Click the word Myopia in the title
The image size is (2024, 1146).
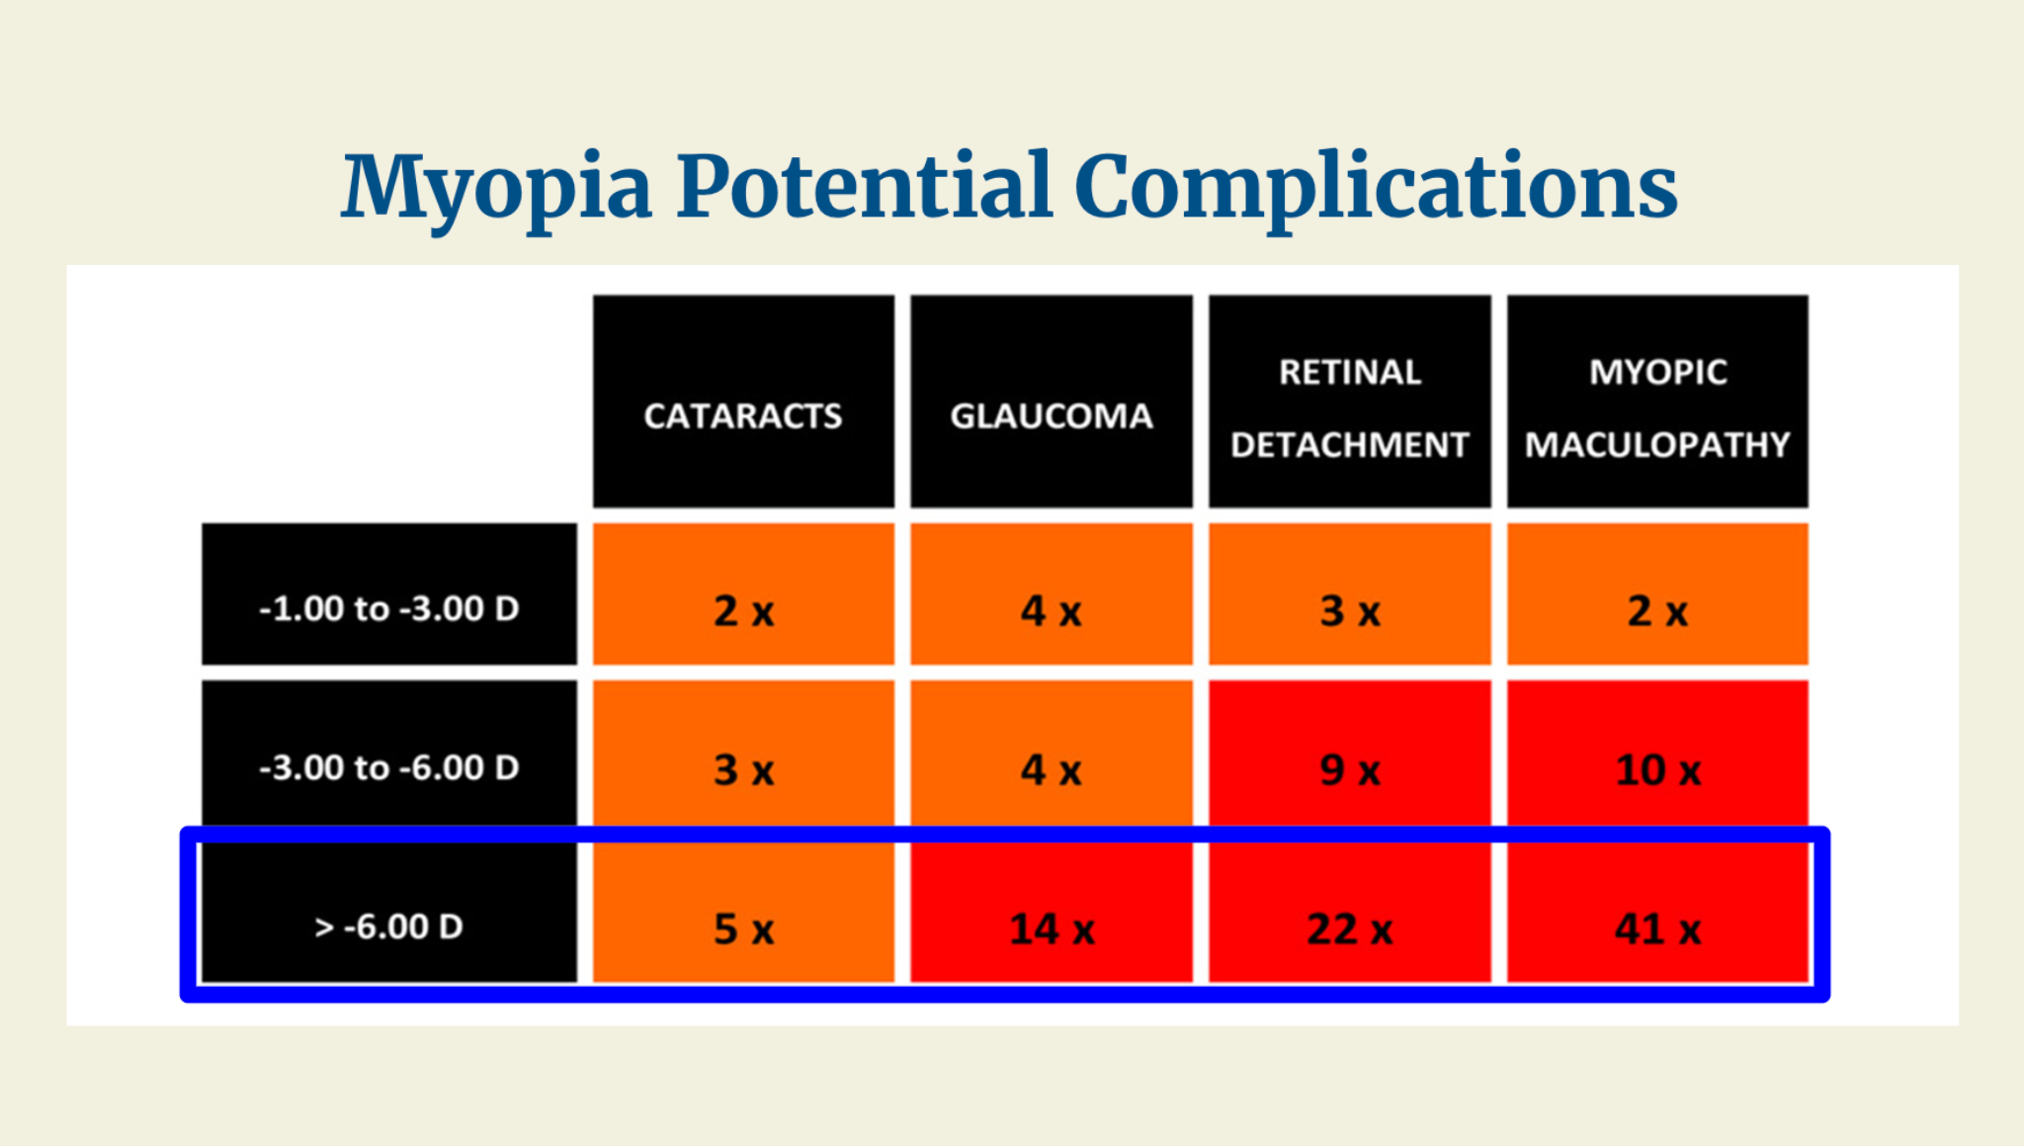pyautogui.click(x=497, y=188)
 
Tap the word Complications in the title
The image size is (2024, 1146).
pyautogui.click(x=1376, y=188)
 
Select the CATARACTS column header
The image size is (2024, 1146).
pyautogui.click(x=743, y=401)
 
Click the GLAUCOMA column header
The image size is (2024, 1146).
pyautogui.click(x=1052, y=401)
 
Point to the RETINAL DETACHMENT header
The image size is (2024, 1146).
pyautogui.click(x=1350, y=401)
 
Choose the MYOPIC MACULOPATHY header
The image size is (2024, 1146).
pyautogui.click(x=1657, y=401)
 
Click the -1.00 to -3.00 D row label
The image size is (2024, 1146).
pyautogui.click(x=389, y=594)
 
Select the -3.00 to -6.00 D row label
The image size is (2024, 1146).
pyautogui.click(x=389, y=753)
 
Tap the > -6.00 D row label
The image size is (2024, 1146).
pyautogui.click(x=389, y=912)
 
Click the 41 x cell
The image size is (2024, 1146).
pyautogui.click(x=1657, y=912)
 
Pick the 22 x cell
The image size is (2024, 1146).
pyautogui.click(x=1350, y=912)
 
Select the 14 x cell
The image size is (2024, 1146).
pyautogui.click(x=1052, y=912)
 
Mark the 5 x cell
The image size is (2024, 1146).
pyautogui.click(x=743, y=912)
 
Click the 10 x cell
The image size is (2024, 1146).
pyautogui.click(x=1657, y=753)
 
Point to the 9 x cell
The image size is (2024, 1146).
pyautogui.click(x=1350, y=753)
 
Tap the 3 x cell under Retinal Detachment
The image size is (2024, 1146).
pyautogui.click(x=1350, y=594)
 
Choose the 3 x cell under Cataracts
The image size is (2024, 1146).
pyautogui.click(x=743, y=753)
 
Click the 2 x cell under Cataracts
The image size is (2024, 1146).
pyautogui.click(x=743, y=594)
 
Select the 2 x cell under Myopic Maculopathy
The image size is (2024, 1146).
pyautogui.click(x=1657, y=594)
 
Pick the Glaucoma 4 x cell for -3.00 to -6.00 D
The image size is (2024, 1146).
pyautogui.click(x=1052, y=753)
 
